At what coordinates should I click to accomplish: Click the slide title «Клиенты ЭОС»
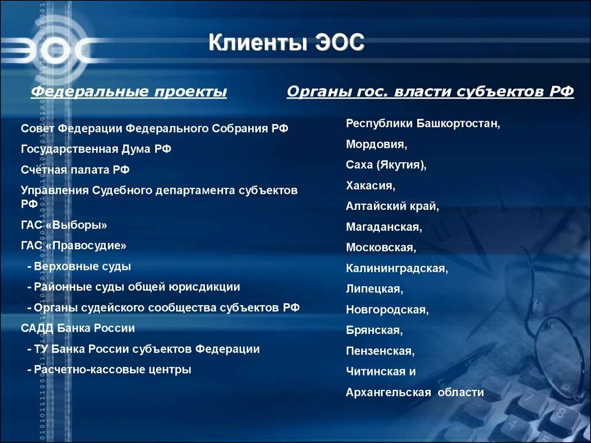pos(286,44)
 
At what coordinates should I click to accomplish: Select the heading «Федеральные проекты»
pos(129,92)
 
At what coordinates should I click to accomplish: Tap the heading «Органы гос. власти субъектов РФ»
pos(430,92)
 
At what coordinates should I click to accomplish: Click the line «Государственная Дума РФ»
pos(96,149)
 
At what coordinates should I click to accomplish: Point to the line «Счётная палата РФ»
pos(75,170)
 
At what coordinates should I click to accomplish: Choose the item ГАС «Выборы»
pos(64,225)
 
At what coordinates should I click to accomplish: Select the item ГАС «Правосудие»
pos(73,246)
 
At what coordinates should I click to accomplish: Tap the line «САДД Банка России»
pos(78,328)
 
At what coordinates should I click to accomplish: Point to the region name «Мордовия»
pos(376,144)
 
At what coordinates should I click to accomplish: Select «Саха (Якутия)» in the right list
pos(386,165)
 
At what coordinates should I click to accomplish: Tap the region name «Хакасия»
pos(371,186)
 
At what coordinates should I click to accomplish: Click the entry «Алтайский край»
pos(392,206)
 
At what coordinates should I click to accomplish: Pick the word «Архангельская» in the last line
pos(388,393)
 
